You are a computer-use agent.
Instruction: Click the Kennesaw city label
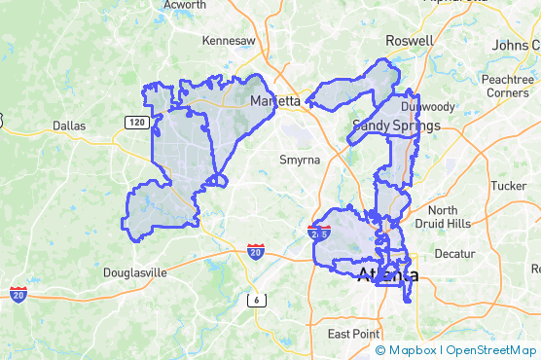pyautogui.click(x=229, y=41)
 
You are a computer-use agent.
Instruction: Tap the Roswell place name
pyautogui.click(x=410, y=41)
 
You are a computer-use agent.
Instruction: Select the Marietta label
pyautogui.click(x=275, y=101)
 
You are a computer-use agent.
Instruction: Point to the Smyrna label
pyautogui.click(x=299, y=160)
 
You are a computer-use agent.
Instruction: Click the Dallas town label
pyautogui.click(x=69, y=126)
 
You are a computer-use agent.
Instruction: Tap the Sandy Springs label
pyautogui.click(x=396, y=126)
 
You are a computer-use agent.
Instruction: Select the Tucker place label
pyautogui.click(x=508, y=185)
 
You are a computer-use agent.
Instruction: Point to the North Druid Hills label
pyautogui.click(x=449, y=217)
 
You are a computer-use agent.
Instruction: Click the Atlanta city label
pyautogui.click(x=388, y=275)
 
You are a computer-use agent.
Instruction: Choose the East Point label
pyautogui.click(x=353, y=334)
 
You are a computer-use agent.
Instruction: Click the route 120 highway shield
pyautogui.click(x=135, y=121)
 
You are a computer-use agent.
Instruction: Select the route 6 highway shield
pyautogui.click(x=256, y=300)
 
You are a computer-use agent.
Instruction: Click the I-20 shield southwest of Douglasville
pyautogui.click(x=18, y=294)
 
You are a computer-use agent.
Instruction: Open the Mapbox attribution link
pyautogui.click(x=415, y=350)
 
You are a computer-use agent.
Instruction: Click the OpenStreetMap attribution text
pyautogui.click(x=491, y=350)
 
